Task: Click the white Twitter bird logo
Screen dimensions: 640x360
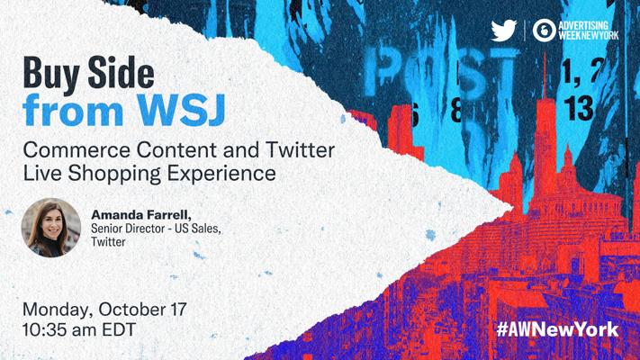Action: point(504,31)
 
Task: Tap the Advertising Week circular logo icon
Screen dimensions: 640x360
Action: point(544,31)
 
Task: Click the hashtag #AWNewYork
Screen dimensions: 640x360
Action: point(557,329)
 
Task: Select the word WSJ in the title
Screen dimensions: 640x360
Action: point(181,110)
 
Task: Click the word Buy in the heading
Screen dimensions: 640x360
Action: point(51,74)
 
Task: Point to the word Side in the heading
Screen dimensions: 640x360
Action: point(122,72)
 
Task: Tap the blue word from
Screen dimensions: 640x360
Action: point(73,110)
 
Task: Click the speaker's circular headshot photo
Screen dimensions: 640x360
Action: point(51,228)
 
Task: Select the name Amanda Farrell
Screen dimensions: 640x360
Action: point(140,215)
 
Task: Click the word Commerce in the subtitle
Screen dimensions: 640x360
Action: point(77,149)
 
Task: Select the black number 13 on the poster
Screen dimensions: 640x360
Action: point(579,109)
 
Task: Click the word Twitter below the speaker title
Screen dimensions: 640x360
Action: point(108,241)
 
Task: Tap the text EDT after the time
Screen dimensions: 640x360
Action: point(119,329)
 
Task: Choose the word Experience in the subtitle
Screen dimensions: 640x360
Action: point(221,174)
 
